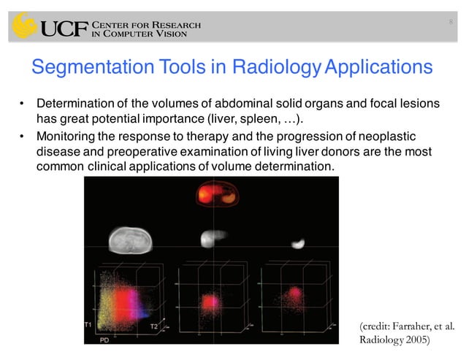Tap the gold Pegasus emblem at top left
pos(24,26)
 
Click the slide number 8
pos(451,22)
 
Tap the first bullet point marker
pos(22,104)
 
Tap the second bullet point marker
pos(22,137)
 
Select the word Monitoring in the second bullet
pos(70,137)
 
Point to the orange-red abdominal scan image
pos(217,196)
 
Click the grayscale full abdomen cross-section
pos(132,240)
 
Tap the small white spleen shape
pos(297,242)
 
